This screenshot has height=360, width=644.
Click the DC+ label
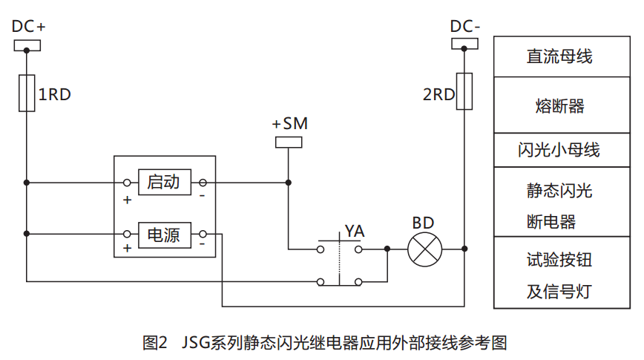pos(29,27)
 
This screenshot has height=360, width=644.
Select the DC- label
pos(466,27)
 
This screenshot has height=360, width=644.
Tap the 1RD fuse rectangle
pos(27,94)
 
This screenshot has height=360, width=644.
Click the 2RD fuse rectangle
pos(464,92)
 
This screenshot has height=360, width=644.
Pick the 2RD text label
pos(438,95)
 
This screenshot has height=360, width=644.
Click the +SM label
pos(289,123)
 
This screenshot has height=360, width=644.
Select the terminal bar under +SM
pos(289,142)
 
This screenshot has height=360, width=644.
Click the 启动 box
pos(164,182)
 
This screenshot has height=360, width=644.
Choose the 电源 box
pos(164,235)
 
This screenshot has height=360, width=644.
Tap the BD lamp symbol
pos(424,249)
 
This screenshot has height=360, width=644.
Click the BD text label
pos(424,223)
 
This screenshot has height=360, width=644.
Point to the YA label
pos(354,232)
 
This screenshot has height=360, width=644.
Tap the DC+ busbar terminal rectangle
pos(27,46)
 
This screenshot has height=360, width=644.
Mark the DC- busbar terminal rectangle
pos(464,46)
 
